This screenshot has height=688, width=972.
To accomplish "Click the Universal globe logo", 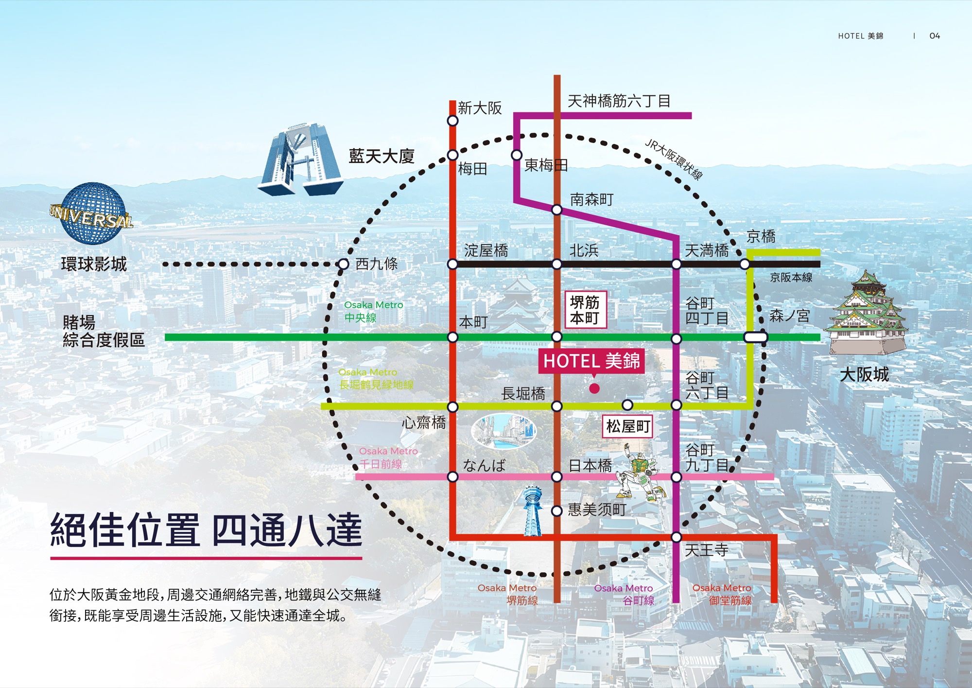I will pos(91,214).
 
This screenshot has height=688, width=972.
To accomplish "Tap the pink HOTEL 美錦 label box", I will pos(591,361).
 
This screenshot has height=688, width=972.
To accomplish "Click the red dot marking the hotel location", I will pos(594,388).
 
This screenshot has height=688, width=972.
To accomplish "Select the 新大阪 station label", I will pos(480,108).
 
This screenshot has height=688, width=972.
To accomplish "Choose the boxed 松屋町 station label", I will pos(627,426).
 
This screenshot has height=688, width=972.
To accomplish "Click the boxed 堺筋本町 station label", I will pos(585,310).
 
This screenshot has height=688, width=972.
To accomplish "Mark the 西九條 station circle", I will pos(343,264).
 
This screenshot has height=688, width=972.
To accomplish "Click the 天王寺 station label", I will pos(706,550).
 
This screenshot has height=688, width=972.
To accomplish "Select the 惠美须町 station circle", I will pos(557,511).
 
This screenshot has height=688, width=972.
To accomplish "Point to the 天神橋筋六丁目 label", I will pos(619,101).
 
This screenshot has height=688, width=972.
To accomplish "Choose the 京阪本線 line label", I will pos(791,278).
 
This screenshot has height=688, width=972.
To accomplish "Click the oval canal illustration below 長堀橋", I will pos(504,431).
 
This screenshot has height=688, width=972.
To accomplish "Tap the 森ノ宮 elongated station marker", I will pos(756,337).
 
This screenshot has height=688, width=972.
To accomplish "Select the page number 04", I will pos(935,36).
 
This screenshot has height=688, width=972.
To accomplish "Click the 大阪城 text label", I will pos(864,374).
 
